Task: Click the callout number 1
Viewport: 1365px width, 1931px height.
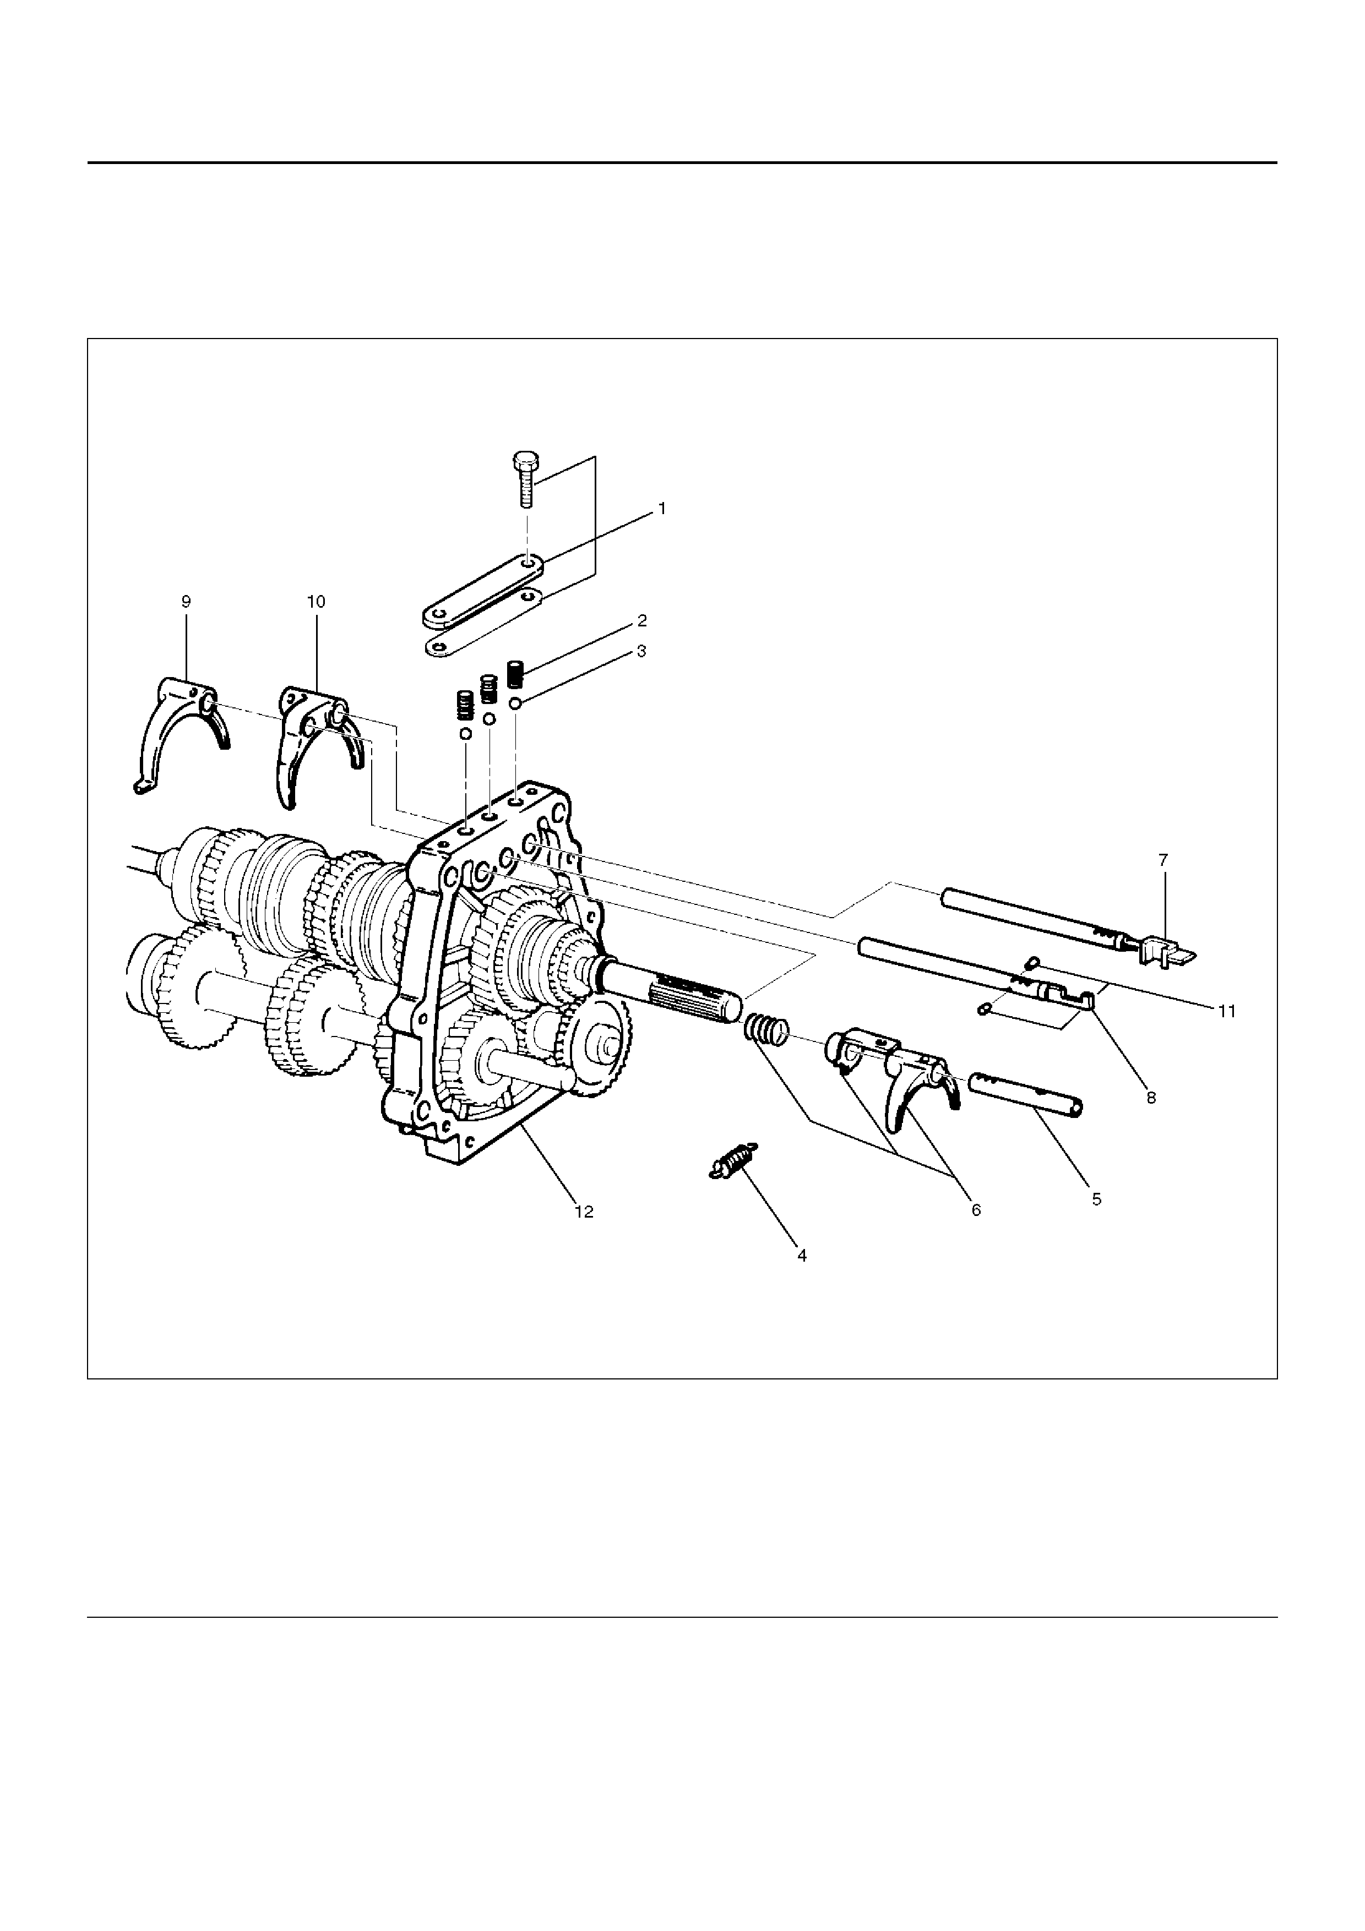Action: coord(662,509)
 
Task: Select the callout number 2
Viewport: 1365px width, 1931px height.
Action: coord(641,621)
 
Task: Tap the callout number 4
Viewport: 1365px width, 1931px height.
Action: coord(802,1255)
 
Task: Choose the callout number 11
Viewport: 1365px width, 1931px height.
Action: coord(1227,1011)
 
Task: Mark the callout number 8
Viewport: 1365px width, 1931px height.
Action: coord(1151,1098)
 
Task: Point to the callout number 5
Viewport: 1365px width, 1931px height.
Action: coord(1097,1199)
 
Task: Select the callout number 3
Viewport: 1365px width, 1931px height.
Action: coord(641,651)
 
